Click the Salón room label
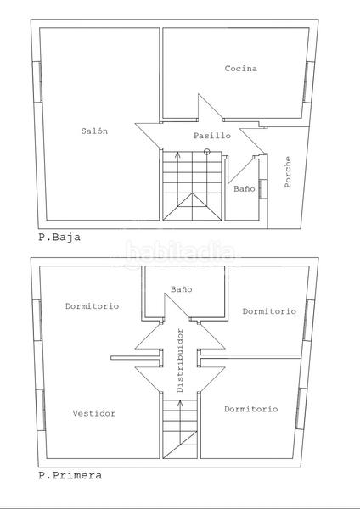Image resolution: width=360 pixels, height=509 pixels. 94,131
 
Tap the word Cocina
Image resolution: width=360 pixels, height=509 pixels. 241,69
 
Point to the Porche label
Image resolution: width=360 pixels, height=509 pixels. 289,172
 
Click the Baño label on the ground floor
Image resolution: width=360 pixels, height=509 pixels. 244,189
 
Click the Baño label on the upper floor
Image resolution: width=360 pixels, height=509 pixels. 182,289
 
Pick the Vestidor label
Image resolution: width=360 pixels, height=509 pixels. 94,413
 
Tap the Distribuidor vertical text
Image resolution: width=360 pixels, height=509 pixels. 180,360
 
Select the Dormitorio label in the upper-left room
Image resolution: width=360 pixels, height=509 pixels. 92,305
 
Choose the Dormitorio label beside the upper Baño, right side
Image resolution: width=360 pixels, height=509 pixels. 269,311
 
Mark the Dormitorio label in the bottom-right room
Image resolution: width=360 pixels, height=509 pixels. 250,409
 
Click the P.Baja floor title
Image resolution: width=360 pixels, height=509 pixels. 59,238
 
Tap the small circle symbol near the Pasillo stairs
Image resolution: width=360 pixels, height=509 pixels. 207,152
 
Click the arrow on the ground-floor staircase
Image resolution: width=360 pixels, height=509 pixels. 177,157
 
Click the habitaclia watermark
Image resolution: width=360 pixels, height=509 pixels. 180,252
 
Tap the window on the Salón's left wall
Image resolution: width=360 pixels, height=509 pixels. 36,82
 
